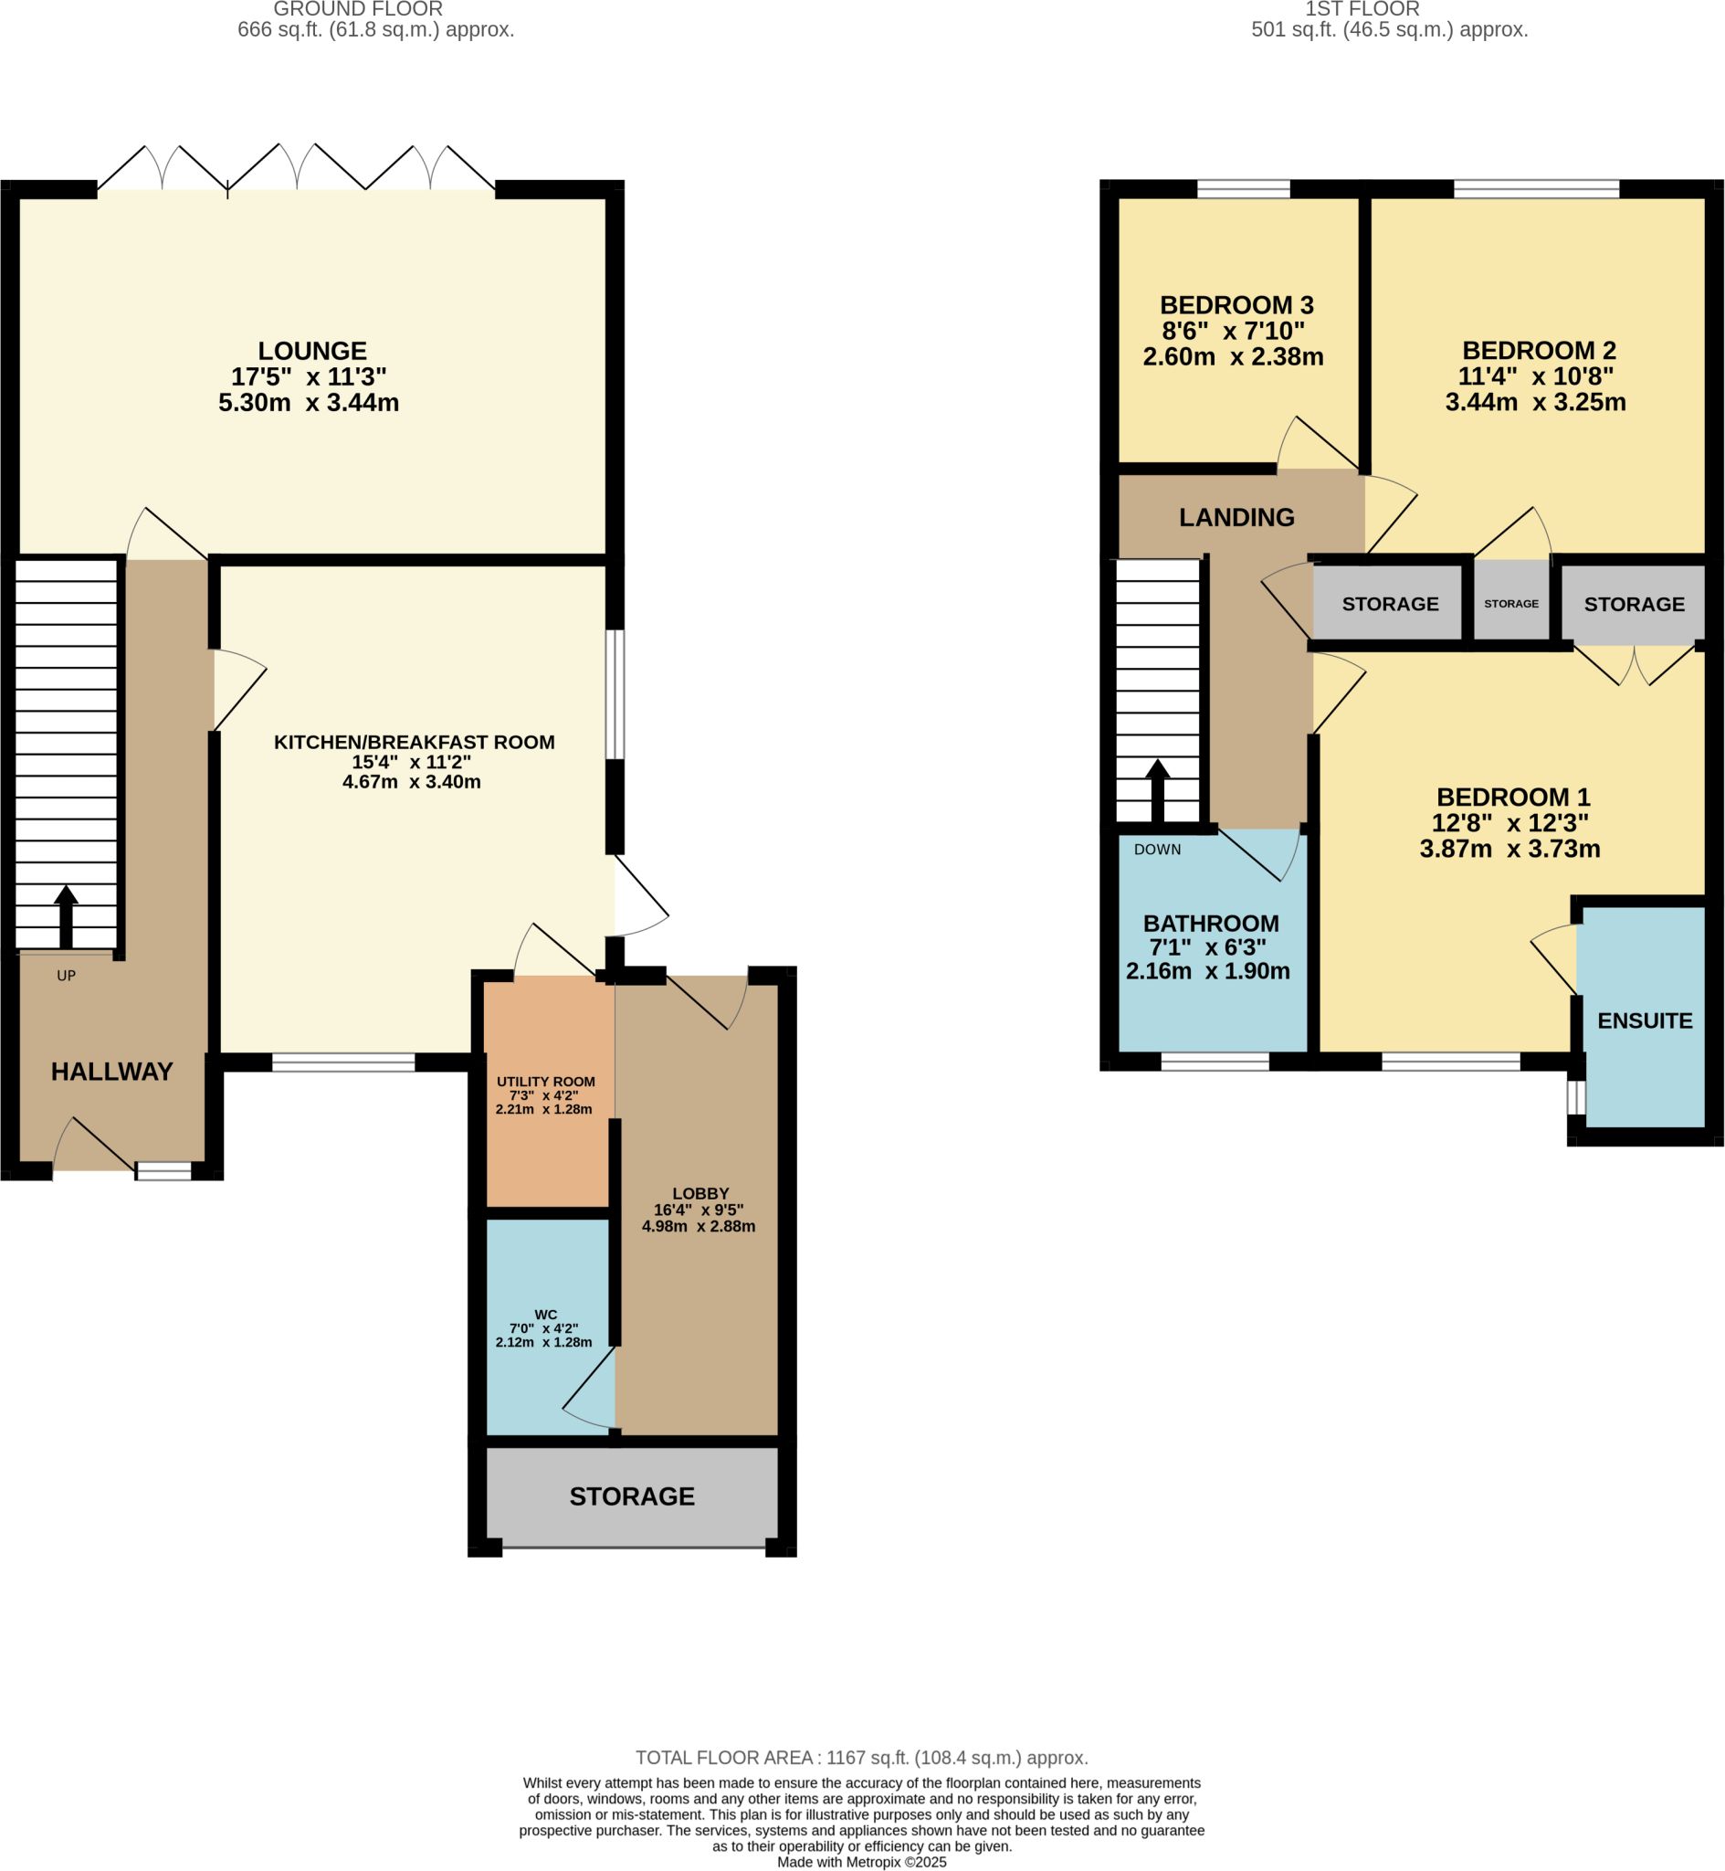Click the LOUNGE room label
tap(312, 351)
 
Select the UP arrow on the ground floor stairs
tap(67, 917)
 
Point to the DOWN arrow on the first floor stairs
tap(1158, 790)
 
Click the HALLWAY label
tap(112, 1072)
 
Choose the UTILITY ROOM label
tap(546, 1082)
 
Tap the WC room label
tap(546, 1315)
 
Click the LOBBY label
tap(701, 1193)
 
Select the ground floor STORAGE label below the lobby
tap(632, 1496)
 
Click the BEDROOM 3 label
tap(1236, 305)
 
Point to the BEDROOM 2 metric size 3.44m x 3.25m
tap(1535, 402)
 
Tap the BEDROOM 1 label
tap(1513, 798)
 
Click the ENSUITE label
tap(1645, 1021)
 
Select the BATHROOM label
tap(1212, 924)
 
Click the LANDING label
tap(1236, 517)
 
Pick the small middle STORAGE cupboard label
tap(1511, 604)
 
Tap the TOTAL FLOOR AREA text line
tap(861, 1758)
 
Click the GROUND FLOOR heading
tap(359, 9)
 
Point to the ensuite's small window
tap(1576, 1098)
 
